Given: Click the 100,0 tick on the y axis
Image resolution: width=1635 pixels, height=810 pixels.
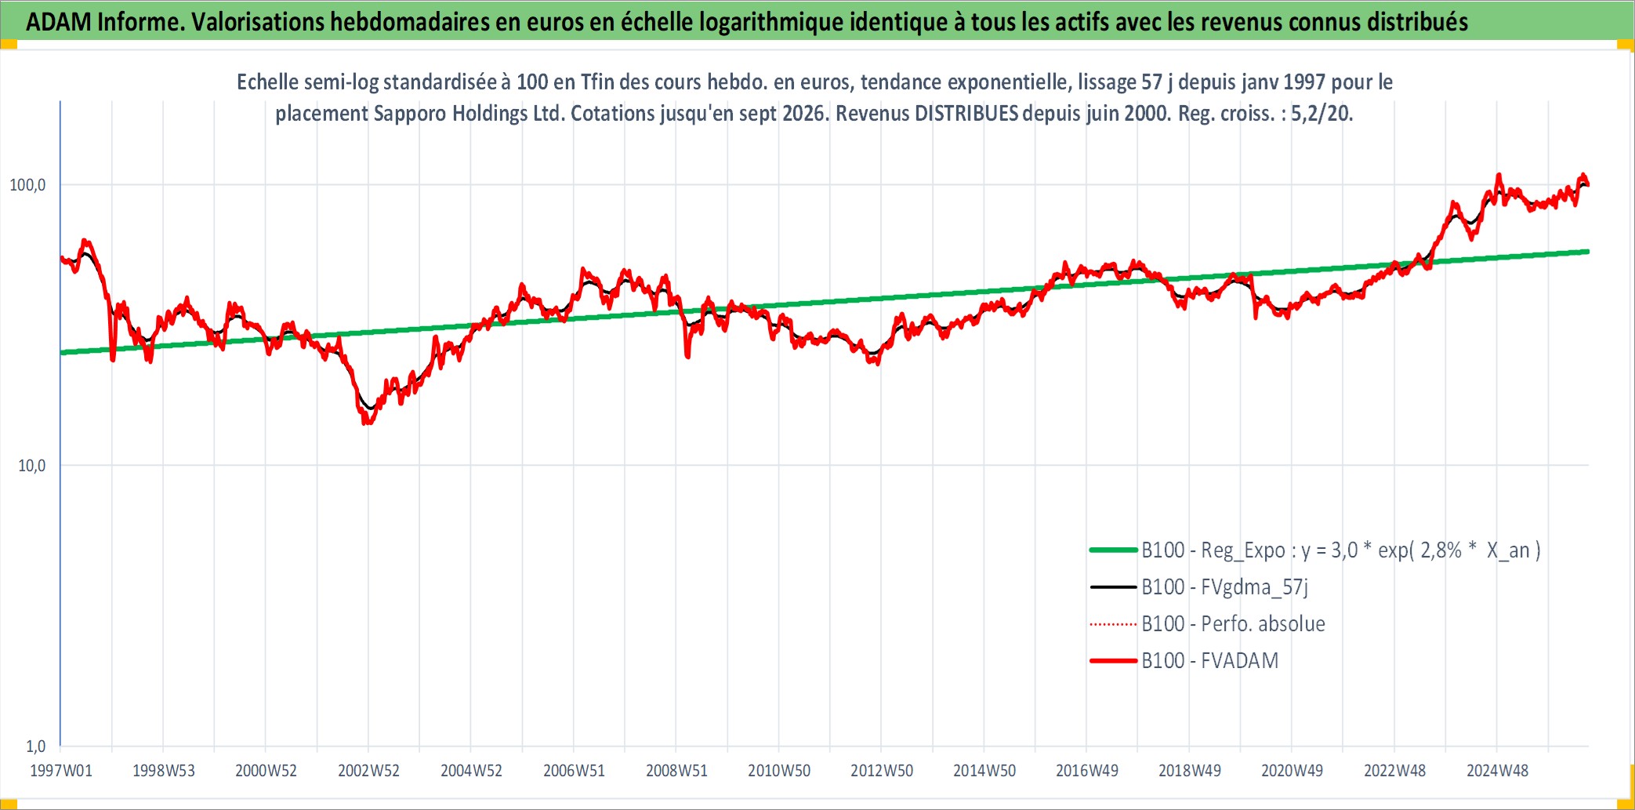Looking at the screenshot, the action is [x=27, y=185].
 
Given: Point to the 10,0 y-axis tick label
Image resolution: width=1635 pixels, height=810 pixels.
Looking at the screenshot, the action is [x=32, y=466].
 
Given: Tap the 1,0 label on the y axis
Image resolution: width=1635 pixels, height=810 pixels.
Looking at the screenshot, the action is [x=36, y=746].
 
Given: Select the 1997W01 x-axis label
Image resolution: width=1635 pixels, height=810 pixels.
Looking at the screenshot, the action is [x=61, y=771].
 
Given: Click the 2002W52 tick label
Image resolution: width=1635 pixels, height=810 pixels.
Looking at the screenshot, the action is [x=368, y=771].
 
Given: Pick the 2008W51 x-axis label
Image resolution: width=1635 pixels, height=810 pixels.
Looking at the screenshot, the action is [x=676, y=771].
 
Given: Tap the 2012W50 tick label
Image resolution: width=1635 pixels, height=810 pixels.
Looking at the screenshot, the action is [x=882, y=771].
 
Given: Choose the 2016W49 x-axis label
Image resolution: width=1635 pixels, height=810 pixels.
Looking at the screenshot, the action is [x=1087, y=771].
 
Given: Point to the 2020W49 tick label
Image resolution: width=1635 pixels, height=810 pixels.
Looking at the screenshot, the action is [x=1292, y=771].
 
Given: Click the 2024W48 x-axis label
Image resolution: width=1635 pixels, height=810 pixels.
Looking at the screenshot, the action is [x=1497, y=771].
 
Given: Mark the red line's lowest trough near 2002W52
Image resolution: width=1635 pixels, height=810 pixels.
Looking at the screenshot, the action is [x=366, y=423].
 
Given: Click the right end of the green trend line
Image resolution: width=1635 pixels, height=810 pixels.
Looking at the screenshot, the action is [x=1588, y=252].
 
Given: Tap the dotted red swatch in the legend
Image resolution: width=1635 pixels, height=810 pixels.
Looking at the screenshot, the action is [x=1113, y=624].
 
